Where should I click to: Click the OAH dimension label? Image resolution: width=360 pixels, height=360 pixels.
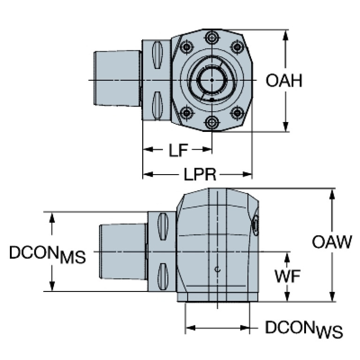pyautogui.click(x=283, y=81)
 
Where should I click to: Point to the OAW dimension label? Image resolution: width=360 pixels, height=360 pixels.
pyautogui.click(x=332, y=242)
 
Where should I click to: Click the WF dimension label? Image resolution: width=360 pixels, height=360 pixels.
pyautogui.click(x=287, y=276)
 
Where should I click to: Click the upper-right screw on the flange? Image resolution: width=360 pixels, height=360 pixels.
pyautogui.click(x=237, y=46)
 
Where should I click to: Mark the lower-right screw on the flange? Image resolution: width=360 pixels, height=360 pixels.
pyautogui.click(x=237, y=113)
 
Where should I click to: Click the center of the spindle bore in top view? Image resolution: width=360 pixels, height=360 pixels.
pyautogui.click(x=212, y=80)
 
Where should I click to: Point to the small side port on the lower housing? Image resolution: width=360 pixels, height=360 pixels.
pyautogui.click(x=255, y=224)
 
